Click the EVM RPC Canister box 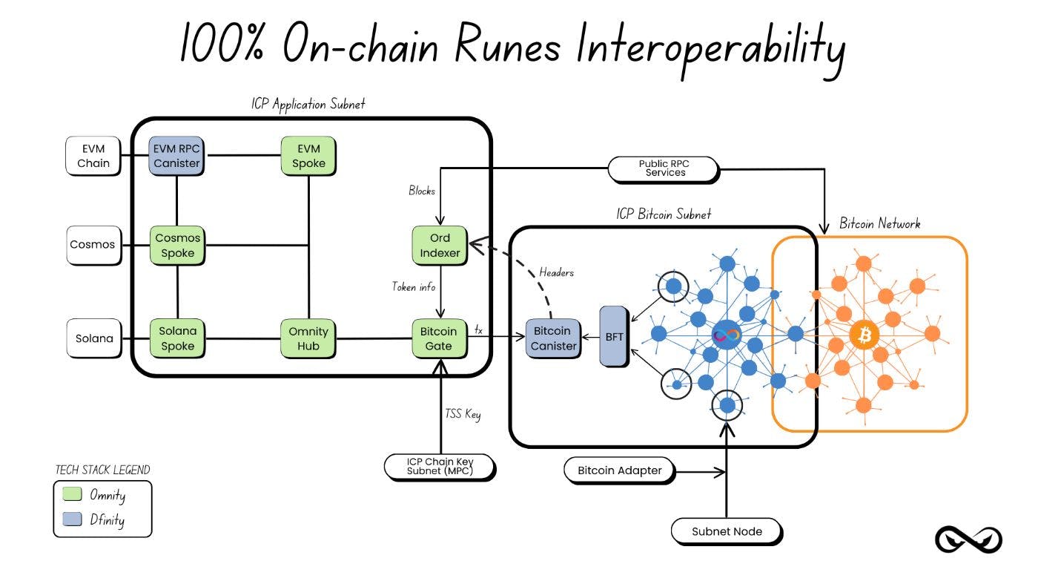pyautogui.click(x=176, y=156)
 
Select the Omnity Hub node pyautogui.click(x=308, y=338)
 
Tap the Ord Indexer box pyautogui.click(x=440, y=246)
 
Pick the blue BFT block pyautogui.click(x=615, y=335)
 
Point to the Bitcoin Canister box pyautogui.click(x=553, y=338)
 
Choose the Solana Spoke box pyautogui.click(x=177, y=338)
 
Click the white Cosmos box pyautogui.click(x=93, y=244)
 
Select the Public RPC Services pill pyautogui.click(x=662, y=168)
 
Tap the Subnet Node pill pyautogui.click(x=726, y=531)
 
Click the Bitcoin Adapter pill pyautogui.click(x=619, y=470)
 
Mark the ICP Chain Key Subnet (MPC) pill pyautogui.click(x=440, y=466)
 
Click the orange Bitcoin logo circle pyautogui.click(x=864, y=335)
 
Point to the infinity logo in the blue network pyautogui.click(x=727, y=335)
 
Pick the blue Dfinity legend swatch pyautogui.click(x=72, y=520)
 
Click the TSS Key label pyautogui.click(x=463, y=413)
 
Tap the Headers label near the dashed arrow pyautogui.click(x=556, y=272)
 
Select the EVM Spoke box pyautogui.click(x=308, y=156)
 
